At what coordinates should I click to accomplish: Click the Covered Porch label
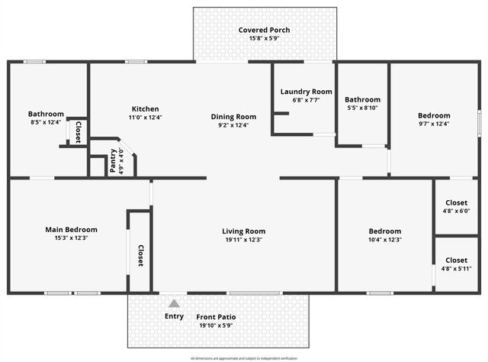tap(264, 31)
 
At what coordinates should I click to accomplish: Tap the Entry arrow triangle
tap(174, 304)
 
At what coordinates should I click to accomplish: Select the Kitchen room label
tap(144, 108)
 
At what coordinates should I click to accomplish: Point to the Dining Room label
tap(233, 117)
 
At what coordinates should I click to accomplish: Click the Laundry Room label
tap(307, 92)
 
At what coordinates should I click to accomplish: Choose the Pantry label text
tap(113, 160)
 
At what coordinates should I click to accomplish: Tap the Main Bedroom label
tap(71, 229)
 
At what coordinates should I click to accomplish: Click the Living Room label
tap(243, 231)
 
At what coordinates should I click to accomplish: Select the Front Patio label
tap(216, 317)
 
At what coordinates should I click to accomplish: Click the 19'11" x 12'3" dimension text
tap(243, 240)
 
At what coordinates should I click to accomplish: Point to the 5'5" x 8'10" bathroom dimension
tap(362, 108)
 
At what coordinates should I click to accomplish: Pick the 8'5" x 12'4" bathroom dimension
tap(46, 122)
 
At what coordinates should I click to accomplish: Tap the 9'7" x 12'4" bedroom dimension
tap(434, 124)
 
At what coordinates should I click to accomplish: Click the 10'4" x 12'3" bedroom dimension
tap(384, 240)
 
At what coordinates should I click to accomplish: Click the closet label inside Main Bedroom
tap(140, 256)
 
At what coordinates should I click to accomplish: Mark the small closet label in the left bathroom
tap(78, 131)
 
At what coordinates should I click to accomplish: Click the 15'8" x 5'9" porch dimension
tap(264, 39)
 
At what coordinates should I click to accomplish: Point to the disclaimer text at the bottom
tap(244, 357)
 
